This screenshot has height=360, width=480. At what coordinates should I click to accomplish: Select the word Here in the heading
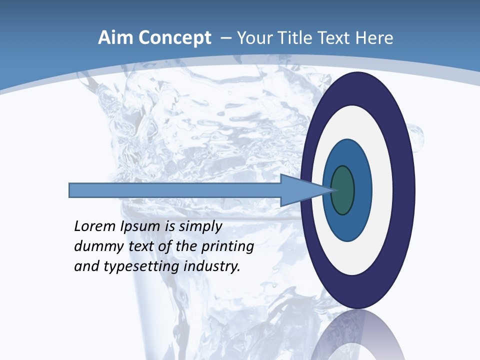coord(374,38)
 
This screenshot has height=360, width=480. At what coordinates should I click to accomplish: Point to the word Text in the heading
coord(335,38)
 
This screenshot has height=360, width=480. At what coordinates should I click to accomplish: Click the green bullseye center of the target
coord(343,190)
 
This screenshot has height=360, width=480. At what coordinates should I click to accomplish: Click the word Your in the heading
coord(252,38)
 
